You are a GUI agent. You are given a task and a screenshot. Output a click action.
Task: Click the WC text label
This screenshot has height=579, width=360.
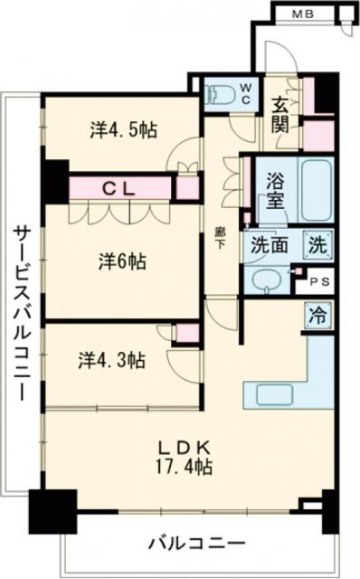(245, 92)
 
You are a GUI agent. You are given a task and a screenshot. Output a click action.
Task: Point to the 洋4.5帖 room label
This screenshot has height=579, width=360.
(123, 130)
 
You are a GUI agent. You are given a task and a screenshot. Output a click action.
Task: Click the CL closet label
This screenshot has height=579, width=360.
(118, 189)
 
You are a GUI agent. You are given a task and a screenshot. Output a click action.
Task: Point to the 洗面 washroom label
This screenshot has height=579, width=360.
(268, 244)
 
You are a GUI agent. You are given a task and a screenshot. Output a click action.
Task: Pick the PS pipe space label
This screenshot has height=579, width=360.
(321, 281)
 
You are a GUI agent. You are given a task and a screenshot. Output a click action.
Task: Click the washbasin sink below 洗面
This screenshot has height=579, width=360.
(268, 279)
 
